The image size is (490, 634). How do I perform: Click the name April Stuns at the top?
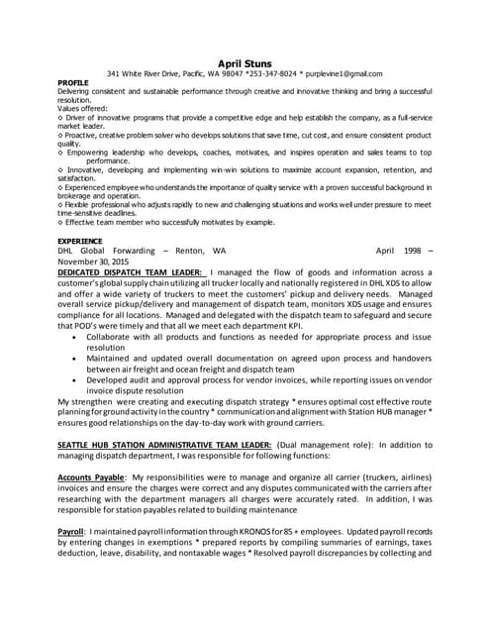pyautogui.click(x=245, y=62)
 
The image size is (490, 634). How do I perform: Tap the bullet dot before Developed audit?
pyautogui.click(x=76, y=379)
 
